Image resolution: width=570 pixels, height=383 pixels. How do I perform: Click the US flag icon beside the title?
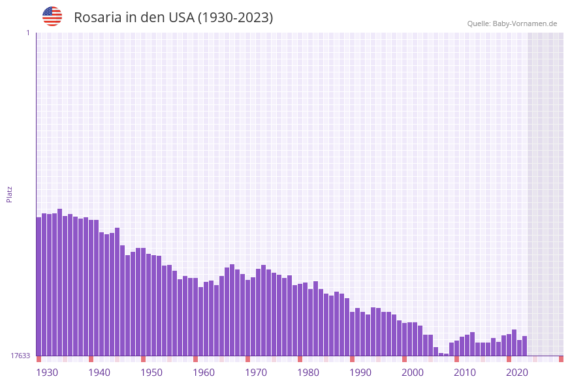pos(52,16)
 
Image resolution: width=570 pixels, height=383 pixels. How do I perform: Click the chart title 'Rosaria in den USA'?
pos(173,18)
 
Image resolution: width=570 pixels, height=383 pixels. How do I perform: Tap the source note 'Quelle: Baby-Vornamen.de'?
pos(512,23)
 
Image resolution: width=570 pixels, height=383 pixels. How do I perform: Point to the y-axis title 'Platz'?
pos(10,194)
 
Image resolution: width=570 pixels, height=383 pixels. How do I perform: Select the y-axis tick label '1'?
pos(27,33)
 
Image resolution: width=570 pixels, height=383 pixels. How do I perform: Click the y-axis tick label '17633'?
pos(20,356)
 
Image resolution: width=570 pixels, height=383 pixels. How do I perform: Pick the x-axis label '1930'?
pos(47,373)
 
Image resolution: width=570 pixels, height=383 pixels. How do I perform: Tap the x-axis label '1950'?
pos(151,373)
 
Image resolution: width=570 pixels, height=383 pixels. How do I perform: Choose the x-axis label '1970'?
pos(256,373)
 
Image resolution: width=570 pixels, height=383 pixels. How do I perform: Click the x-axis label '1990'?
pos(360,373)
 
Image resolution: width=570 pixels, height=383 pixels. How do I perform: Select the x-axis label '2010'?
pos(465,373)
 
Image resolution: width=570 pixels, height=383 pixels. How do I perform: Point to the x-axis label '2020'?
pos(517,373)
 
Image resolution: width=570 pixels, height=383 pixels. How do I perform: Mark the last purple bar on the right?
pos(524,346)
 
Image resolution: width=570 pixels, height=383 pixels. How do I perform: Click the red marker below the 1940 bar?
pos(91,359)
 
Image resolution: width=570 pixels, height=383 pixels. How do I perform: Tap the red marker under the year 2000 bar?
pos(404,359)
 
